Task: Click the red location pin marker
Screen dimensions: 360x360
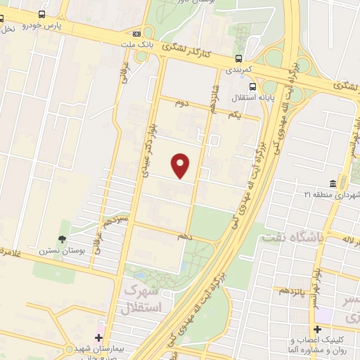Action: [x=181, y=166]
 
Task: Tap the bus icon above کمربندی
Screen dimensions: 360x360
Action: [x=239, y=59]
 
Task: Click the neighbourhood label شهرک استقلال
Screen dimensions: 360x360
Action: [x=141, y=299]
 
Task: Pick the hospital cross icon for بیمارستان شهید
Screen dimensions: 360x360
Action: [x=99, y=338]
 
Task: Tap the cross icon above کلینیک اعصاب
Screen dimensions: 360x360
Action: [x=318, y=329]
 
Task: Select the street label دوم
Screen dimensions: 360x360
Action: [x=182, y=103]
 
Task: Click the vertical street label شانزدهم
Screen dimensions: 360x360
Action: [x=210, y=96]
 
